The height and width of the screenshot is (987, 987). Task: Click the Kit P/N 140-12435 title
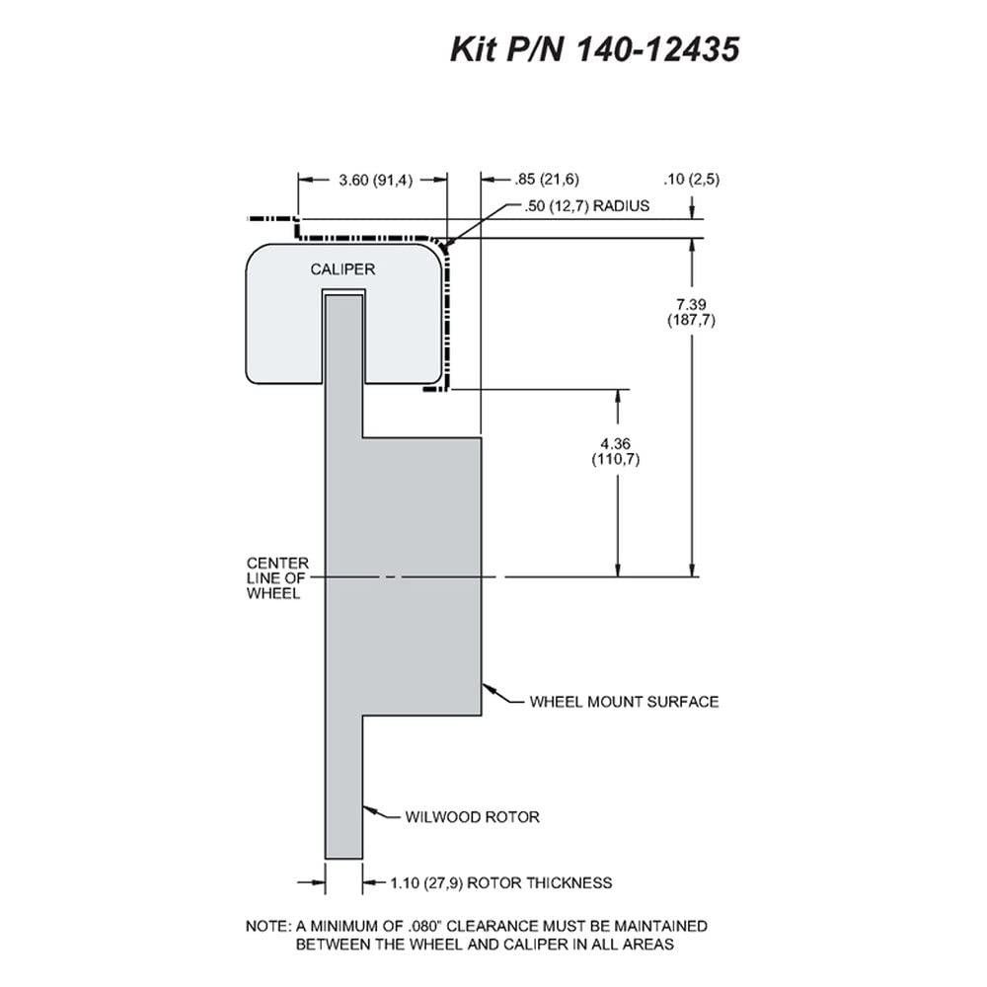coord(595,49)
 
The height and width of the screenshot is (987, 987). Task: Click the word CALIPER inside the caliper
coord(342,269)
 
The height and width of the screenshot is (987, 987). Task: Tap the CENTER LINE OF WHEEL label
coord(277,577)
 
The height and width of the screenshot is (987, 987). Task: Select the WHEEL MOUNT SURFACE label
coord(624,702)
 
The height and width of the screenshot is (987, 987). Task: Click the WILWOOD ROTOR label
coord(472,817)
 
